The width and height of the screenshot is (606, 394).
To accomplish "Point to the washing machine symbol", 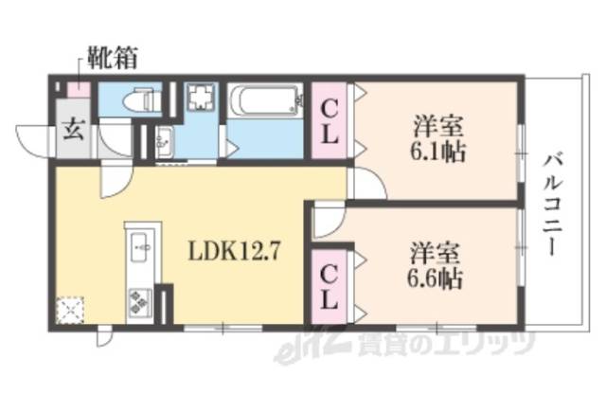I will (200, 98).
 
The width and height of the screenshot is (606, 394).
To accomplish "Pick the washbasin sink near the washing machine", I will (162, 141).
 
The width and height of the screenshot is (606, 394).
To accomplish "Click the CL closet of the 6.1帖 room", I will (330, 121).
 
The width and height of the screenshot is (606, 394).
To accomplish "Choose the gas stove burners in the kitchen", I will (139, 299).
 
